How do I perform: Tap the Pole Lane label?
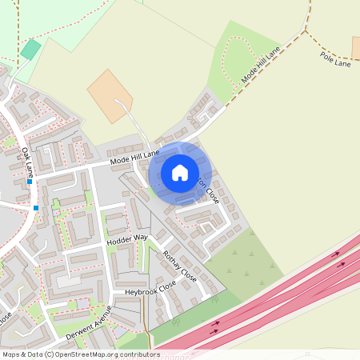pyautogui.click(x=336, y=58)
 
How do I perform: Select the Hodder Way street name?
pyautogui.click(x=127, y=238)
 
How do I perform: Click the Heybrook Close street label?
pyautogui.click(x=150, y=290)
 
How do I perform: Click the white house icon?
pyautogui.click(x=180, y=172)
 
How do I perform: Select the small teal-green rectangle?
pyautogui.click(x=30, y=50)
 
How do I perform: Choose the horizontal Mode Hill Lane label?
pyautogui.click(x=135, y=158)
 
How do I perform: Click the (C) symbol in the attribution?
pyautogui.click(x=49, y=354)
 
